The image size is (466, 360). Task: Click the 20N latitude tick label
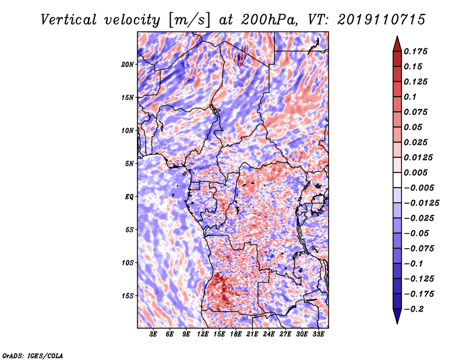click(x=128, y=65)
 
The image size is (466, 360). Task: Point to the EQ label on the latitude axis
click(x=129, y=197)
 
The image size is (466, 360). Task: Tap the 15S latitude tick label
click(x=128, y=296)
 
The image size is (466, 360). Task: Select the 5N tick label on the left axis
click(x=129, y=164)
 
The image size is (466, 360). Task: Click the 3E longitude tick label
click(x=153, y=334)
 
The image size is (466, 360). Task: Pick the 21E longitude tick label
click(x=252, y=334)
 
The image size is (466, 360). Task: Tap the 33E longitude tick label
click(x=318, y=334)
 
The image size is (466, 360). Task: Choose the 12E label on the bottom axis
click(x=202, y=334)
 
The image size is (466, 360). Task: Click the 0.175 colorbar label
click(x=415, y=51)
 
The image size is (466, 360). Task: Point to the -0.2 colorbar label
click(x=414, y=309)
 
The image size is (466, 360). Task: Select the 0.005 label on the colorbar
click(x=415, y=172)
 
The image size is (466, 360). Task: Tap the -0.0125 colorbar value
click(x=421, y=203)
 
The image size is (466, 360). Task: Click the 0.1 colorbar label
click(x=410, y=97)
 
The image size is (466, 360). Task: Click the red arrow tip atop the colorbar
click(x=397, y=36)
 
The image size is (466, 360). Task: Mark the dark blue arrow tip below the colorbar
click(x=397, y=323)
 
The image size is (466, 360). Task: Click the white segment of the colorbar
click(x=397, y=180)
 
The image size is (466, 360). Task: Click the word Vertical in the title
click(x=69, y=20)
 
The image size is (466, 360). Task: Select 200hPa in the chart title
click(x=269, y=20)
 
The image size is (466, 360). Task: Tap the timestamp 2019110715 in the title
click(x=382, y=20)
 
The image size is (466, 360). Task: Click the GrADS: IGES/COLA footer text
click(x=33, y=356)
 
